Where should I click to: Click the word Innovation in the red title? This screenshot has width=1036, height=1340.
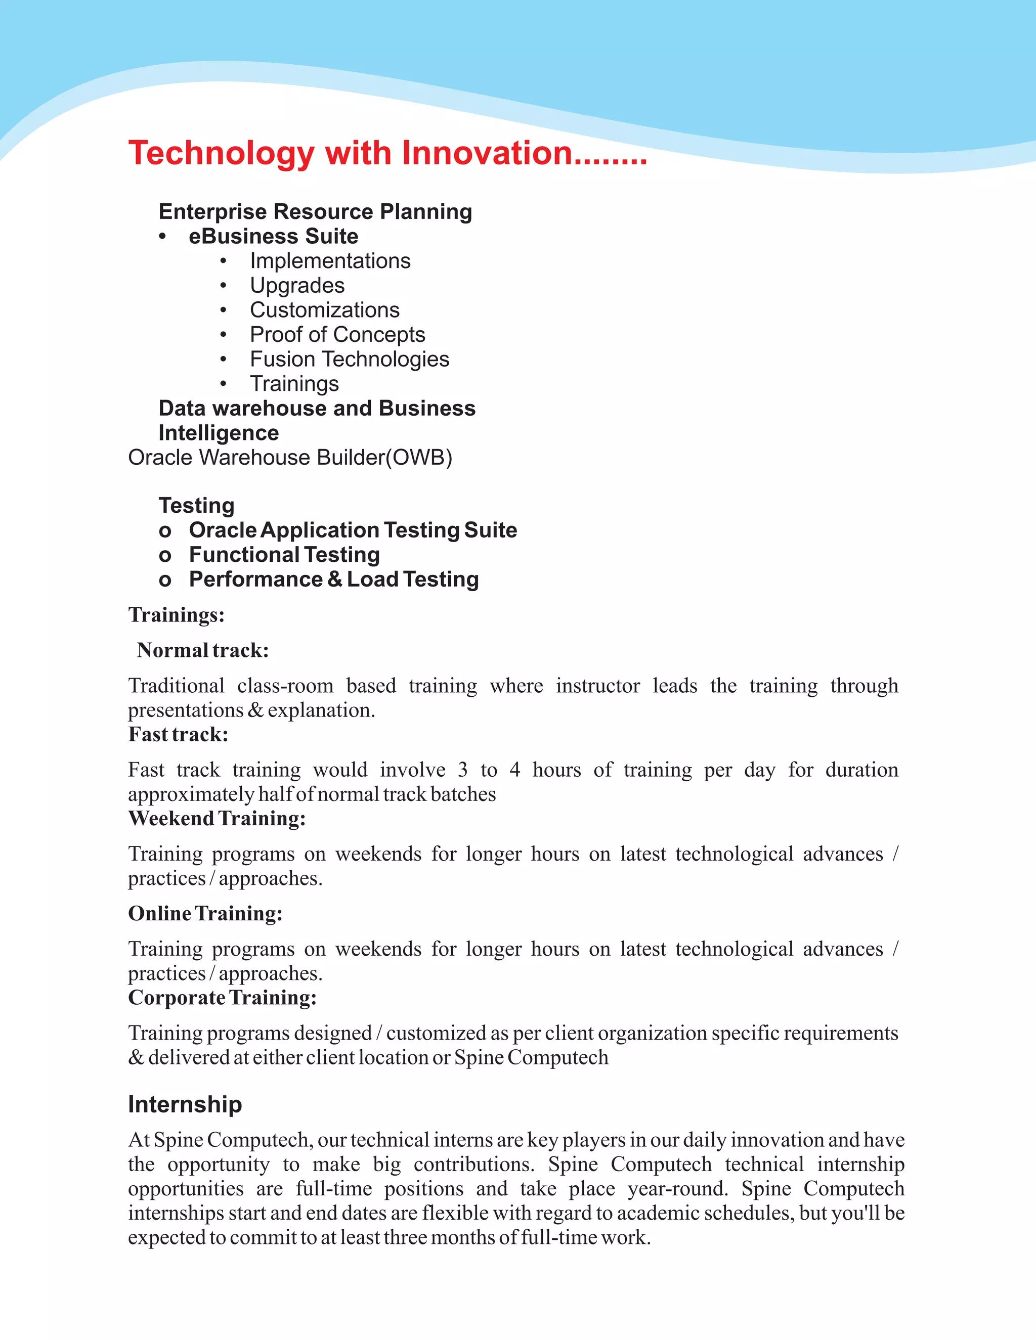(487, 153)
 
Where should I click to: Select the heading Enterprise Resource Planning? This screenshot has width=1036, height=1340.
(315, 212)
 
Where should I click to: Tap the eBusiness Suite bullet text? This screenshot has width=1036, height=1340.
(273, 236)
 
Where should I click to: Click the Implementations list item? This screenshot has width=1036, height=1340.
(330, 261)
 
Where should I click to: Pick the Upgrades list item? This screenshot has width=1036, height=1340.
(297, 285)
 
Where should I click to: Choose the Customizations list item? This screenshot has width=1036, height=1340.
(324, 310)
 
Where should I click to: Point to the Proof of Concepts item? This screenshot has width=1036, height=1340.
(337, 334)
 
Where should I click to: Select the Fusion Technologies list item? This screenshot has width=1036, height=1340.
(349, 359)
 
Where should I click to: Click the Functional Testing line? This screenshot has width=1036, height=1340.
(284, 555)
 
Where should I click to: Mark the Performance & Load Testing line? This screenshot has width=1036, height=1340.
(333, 579)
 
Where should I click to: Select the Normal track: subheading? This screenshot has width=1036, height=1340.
(202, 650)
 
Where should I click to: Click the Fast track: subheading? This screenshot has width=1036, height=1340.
(178, 734)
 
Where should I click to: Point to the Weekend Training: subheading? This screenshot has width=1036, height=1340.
(217, 819)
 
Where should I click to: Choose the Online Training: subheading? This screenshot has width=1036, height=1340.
(205, 914)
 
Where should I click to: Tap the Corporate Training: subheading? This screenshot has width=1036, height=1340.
(222, 998)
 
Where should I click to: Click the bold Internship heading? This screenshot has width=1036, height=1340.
(185, 1104)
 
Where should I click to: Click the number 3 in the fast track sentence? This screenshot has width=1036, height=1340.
(463, 770)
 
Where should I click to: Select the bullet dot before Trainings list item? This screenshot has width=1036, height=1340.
(224, 384)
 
